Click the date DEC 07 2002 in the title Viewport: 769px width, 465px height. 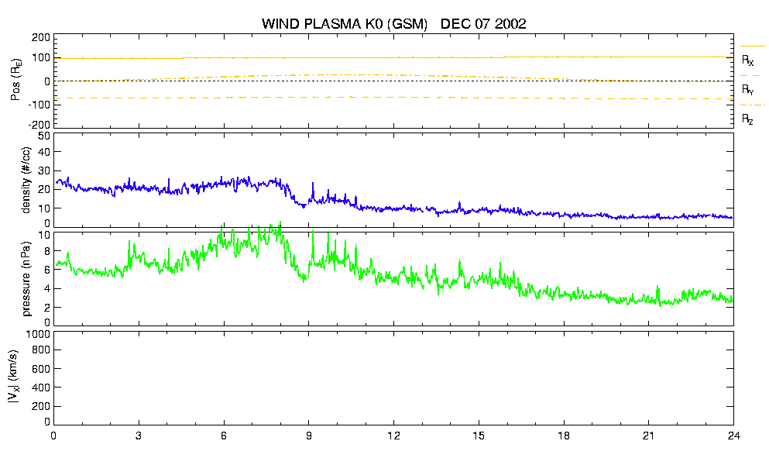coord(483,23)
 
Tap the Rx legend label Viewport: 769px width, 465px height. coord(747,60)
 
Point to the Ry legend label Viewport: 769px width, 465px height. coord(747,89)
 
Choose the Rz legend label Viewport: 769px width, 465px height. coord(747,119)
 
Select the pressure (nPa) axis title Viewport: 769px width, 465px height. coord(26,279)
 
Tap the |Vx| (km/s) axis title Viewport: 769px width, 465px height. coord(14,377)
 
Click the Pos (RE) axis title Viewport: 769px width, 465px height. coord(16,80)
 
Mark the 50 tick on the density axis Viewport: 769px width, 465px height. coord(44,136)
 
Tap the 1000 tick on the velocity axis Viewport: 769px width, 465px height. coord(40,334)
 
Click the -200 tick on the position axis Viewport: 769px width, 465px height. coord(39,125)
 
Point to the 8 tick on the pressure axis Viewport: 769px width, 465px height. coord(47,251)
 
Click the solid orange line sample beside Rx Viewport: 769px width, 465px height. coord(752,46)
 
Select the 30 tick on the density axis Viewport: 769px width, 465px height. coord(44,170)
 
